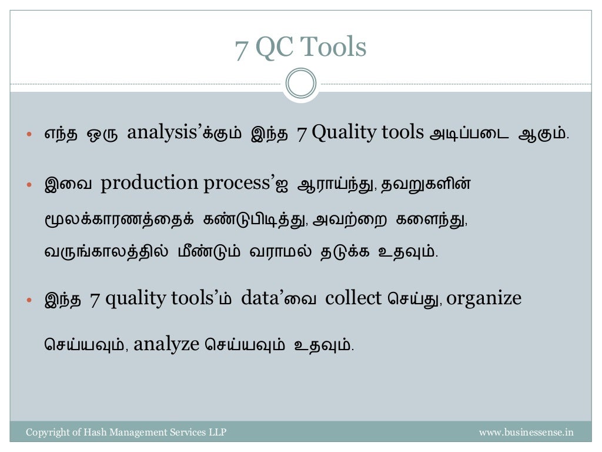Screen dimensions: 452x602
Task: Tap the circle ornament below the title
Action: click(301, 84)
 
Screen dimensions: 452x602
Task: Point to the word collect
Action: click(353, 298)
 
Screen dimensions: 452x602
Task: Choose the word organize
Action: click(484, 298)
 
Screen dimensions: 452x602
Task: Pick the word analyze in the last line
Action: click(167, 344)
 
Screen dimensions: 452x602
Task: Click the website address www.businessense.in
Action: click(526, 433)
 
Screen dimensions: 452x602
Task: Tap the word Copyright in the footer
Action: click(46, 433)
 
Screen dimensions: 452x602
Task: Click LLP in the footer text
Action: click(218, 433)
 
